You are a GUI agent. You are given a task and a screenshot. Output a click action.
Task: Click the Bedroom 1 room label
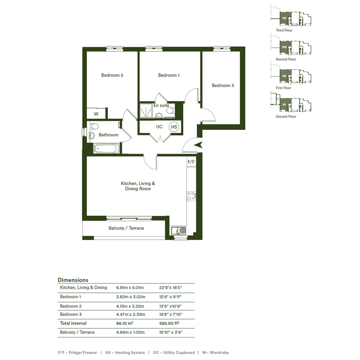[x=169, y=75]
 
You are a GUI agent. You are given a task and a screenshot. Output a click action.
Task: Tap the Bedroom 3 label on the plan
[x=223, y=85]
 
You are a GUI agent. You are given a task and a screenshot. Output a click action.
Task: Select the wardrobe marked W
[x=96, y=114]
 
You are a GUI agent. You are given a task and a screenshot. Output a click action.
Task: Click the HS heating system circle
[x=174, y=127]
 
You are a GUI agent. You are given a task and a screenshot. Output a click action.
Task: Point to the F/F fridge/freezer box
[x=191, y=162]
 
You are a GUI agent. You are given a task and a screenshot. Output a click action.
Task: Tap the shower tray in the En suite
[x=146, y=110]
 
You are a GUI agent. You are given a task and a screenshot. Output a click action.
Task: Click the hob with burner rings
[x=191, y=196]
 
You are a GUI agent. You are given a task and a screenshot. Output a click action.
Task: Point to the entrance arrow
[x=198, y=145]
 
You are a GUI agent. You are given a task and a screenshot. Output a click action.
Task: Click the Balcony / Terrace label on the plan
[x=126, y=228]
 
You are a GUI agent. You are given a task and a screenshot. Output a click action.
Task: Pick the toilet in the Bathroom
[x=94, y=126]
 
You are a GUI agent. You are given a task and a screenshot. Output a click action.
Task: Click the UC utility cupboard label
[x=159, y=126]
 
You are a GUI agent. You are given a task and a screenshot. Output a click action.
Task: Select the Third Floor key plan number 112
[x=284, y=18]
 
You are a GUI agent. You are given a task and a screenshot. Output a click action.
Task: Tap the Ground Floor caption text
[x=286, y=117]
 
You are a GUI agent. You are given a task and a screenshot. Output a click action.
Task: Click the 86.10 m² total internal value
[x=125, y=323]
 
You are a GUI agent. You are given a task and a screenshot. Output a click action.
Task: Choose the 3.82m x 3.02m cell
[x=131, y=297]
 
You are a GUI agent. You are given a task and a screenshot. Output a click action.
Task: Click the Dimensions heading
[x=73, y=280]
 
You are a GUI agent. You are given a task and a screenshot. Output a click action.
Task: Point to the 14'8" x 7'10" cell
[x=171, y=314]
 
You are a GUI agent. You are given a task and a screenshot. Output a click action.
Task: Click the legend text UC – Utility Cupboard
[x=174, y=352]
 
